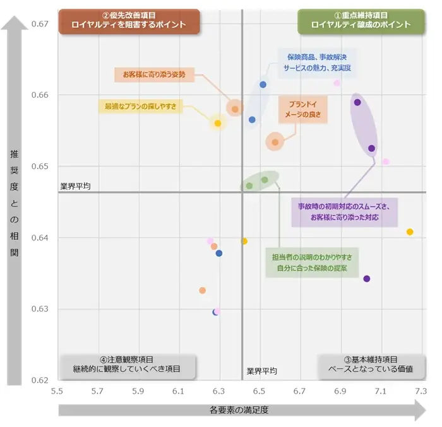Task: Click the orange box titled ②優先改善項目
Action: pyautogui.click(x=129, y=20)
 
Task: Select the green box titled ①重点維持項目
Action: pyautogui.click(x=361, y=20)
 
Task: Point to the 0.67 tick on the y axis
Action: pyautogui.click(x=40, y=24)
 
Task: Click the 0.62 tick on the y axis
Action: pyautogui.click(x=40, y=380)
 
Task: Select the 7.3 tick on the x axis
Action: pyautogui.click(x=421, y=391)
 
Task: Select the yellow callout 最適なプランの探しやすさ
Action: pyautogui.click(x=140, y=106)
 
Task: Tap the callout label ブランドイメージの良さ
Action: pyautogui.click(x=304, y=109)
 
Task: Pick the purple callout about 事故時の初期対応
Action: pyautogui.click(x=344, y=212)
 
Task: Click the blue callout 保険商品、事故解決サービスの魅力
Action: pyautogui.click(x=317, y=62)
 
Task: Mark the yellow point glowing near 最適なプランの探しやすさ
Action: pyautogui.click(x=218, y=124)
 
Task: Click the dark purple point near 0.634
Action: pyautogui.click(x=367, y=279)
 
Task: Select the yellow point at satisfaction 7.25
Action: pyautogui.click(x=410, y=232)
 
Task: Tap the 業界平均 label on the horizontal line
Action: pyautogui.click(x=75, y=187)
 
